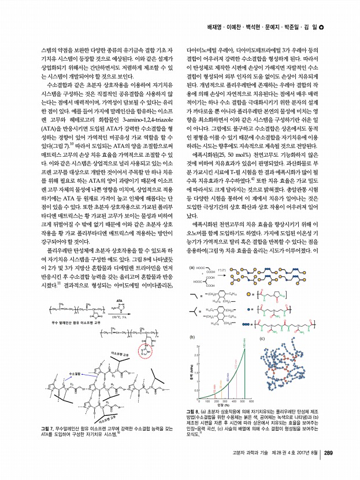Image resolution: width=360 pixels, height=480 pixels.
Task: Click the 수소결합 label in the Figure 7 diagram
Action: coord(75,375)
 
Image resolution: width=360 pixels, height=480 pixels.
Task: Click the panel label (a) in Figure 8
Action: coord(192,268)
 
